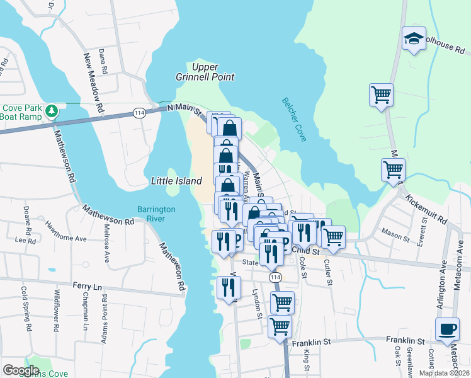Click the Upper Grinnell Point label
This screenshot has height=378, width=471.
pyautogui.click(x=205, y=72)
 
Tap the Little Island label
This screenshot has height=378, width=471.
pyautogui.click(x=176, y=181)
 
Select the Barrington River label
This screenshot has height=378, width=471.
pyautogui.click(x=156, y=214)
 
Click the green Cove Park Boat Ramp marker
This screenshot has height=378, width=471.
pyautogui.click(x=51, y=112)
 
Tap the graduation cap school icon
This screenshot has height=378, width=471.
pyautogui.click(x=414, y=39)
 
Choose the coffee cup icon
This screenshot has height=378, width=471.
pyautogui.click(x=447, y=329)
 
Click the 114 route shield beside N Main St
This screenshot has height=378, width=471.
pyautogui.click(x=139, y=112)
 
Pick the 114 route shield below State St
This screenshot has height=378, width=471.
pyautogui.click(x=274, y=277)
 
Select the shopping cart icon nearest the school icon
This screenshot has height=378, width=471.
pyautogui.click(x=381, y=95)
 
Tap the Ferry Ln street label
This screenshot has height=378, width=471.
pyautogui.click(x=87, y=286)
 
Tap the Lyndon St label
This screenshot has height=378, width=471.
pyautogui.click(x=257, y=304)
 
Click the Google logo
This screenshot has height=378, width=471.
pyautogui.click(x=21, y=370)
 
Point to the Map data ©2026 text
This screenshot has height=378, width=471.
pyautogui.click(x=443, y=373)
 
